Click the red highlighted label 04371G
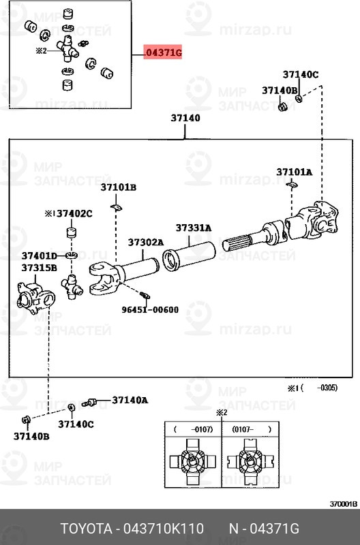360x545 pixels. click(x=164, y=52)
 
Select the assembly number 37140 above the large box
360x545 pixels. click(x=185, y=118)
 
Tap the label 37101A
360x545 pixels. click(x=294, y=172)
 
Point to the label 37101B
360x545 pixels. click(x=119, y=187)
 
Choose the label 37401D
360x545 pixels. click(x=40, y=255)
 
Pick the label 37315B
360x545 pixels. click(x=39, y=268)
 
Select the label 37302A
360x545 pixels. click(x=145, y=242)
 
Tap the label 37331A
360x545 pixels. click(x=194, y=228)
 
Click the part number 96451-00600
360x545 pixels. click(x=150, y=309)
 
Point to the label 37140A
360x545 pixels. click(x=130, y=400)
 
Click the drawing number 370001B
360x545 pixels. click(x=343, y=505)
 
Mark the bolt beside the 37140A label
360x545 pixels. click(x=89, y=403)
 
